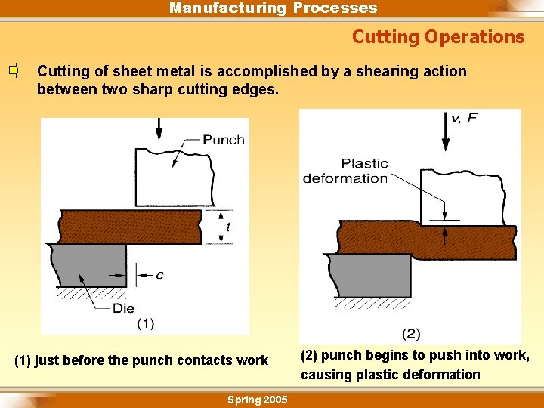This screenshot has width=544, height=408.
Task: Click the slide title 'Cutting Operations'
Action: coord(437,37)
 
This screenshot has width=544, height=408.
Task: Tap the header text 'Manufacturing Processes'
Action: coord(273,8)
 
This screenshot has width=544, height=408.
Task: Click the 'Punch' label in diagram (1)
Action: coord(224,140)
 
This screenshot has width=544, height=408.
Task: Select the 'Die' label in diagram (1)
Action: coord(123,308)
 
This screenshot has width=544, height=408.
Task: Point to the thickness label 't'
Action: coord(228,227)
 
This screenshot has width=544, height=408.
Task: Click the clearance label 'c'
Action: coord(159,275)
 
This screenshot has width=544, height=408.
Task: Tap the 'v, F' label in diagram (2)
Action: coord(464,118)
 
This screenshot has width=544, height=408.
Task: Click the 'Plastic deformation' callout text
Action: coord(345,171)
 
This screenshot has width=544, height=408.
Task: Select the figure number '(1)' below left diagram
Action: coord(146,323)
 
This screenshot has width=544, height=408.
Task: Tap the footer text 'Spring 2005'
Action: coord(258,400)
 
